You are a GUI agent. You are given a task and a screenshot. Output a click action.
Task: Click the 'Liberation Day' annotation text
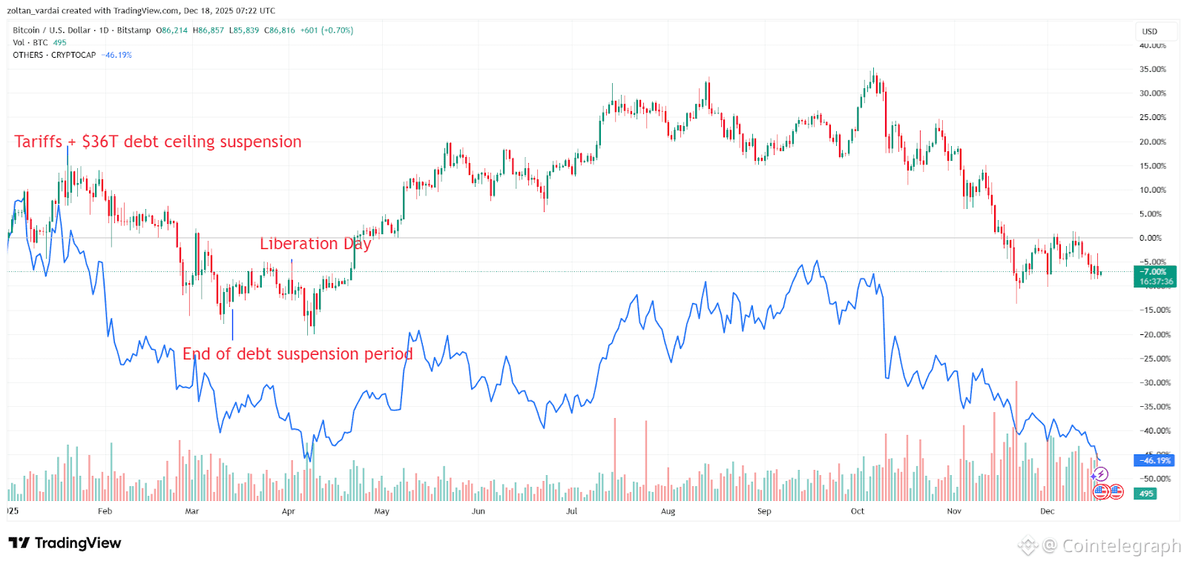point(315,244)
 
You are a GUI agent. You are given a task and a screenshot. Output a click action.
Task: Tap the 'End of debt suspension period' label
point(297,354)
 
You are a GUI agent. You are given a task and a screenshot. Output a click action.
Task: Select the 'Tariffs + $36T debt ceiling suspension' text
point(158,142)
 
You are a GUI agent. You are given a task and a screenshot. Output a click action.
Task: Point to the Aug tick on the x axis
point(668,511)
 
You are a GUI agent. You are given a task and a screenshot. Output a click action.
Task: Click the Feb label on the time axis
point(105,511)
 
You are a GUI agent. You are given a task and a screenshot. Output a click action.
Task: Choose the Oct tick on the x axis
point(857,511)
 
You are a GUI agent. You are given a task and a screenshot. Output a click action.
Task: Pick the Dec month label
point(1047,511)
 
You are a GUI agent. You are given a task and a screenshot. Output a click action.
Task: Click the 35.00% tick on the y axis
point(1152,70)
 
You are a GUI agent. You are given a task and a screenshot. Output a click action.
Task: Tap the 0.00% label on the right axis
point(1150,238)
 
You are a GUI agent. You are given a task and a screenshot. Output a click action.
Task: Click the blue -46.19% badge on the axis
point(1155,461)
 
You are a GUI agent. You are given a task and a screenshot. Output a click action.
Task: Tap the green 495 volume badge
point(1146,494)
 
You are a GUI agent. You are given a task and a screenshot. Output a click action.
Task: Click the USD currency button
point(1150,32)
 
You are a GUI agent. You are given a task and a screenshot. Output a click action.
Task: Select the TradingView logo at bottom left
point(65,543)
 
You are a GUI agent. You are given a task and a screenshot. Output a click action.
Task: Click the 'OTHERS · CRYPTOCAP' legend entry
point(54,55)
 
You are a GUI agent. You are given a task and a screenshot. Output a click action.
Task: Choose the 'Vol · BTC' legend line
point(30,43)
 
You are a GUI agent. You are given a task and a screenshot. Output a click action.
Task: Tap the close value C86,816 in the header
point(280,30)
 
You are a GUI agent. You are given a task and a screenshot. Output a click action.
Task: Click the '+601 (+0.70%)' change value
point(326,30)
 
